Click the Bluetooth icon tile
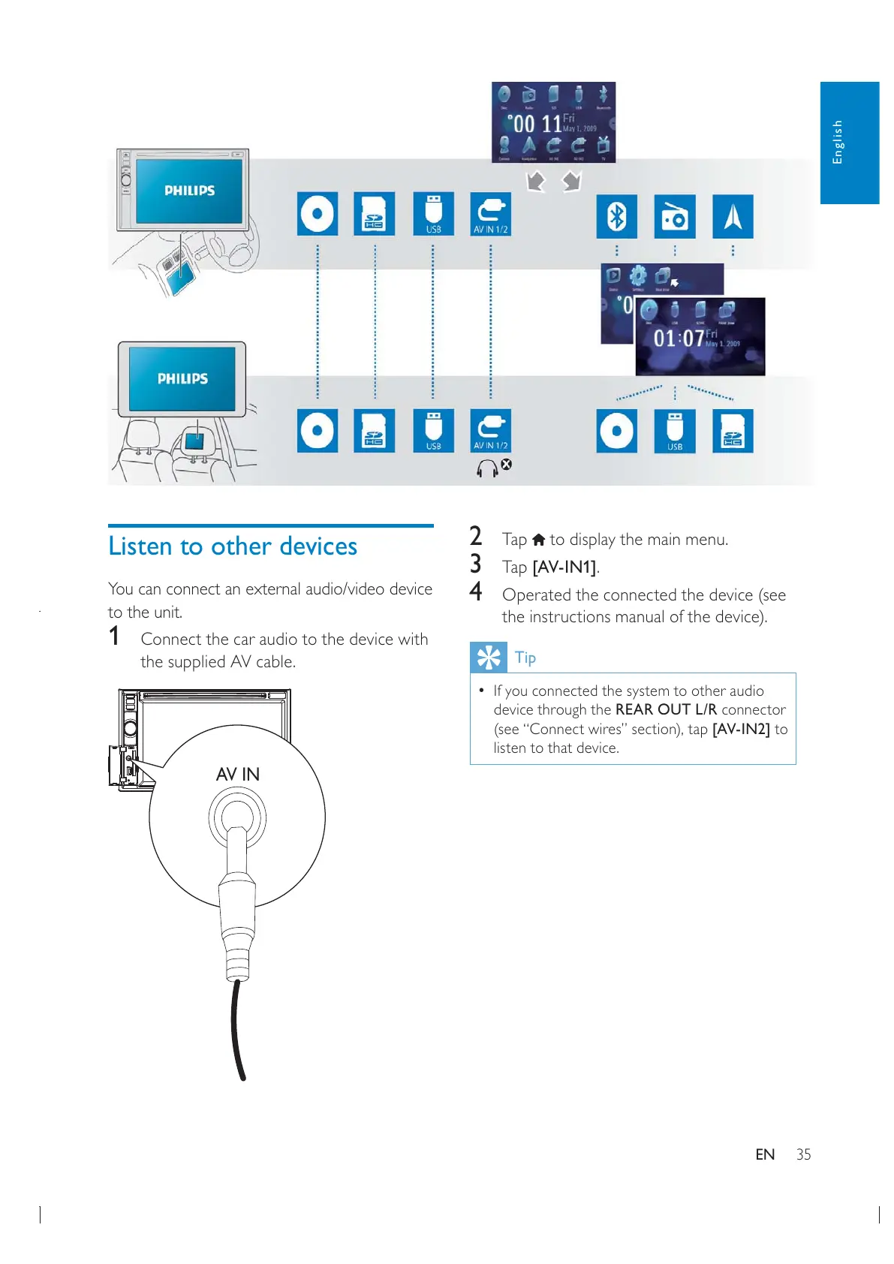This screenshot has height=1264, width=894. click(x=616, y=216)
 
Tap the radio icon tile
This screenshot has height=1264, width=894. click(x=674, y=216)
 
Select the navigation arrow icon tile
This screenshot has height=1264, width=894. click(x=732, y=216)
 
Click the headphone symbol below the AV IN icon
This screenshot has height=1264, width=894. click(x=487, y=468)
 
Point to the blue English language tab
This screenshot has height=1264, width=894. click(x=849, y=143)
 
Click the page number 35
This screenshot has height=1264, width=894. click(x=803, y=1154)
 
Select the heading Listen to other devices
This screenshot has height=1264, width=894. click(x=233, y=546)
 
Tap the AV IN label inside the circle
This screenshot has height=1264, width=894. click(x=237, y=774)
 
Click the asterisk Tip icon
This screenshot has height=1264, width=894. click(x=488, y=658)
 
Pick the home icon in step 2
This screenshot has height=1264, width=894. click(x=538, y=540)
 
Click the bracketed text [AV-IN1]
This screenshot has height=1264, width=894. click(x=564, y=567)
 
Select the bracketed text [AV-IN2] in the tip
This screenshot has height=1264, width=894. click(x=740, y=729)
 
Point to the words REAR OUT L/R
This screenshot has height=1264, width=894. click(x=666, y=709)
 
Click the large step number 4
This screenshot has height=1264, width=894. click(x=475, y=592)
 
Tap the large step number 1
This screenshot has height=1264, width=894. click(x=114, y=637)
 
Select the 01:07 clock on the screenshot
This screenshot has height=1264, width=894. click(x=679, y=339)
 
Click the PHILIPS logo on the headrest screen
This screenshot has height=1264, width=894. click(x=182, y=379)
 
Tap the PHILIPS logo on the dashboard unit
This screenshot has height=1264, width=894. click(x=189, y=191)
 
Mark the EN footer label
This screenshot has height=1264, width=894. click(x=765, y=1154)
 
